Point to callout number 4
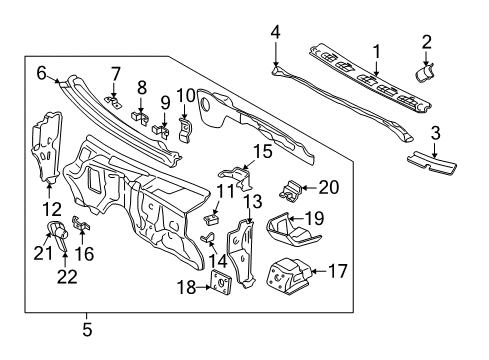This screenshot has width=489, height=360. point(274,31)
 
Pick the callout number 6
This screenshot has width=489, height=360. point(42,71)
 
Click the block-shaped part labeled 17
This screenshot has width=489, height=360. point(290,272)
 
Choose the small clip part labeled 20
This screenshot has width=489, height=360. point(294,186)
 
